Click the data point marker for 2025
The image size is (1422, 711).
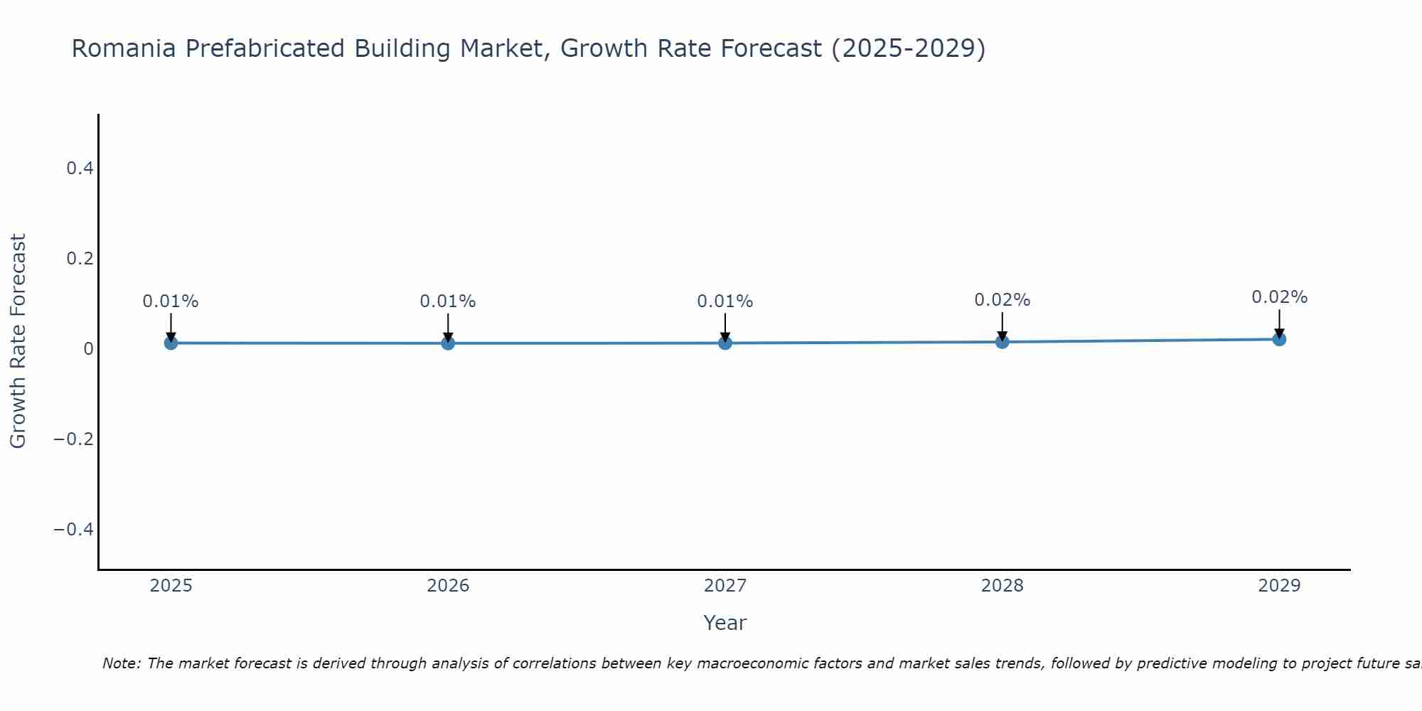click(171, 343)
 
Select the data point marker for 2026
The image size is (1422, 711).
click(448, 343)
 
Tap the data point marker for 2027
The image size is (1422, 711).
click(725, 343)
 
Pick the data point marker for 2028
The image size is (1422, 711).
click(1002, 342)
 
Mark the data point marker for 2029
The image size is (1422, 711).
click(1279, 339)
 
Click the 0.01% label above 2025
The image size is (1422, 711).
click(171, 301)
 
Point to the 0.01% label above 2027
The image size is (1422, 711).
click(725, 301)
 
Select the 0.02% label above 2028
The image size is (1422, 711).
click(1002, 300)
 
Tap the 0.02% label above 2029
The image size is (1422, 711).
click(1279, 297)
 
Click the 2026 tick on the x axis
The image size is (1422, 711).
click(448, 586)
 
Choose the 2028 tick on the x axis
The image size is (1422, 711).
click(1002, 586)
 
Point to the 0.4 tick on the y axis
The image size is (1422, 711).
click(80, 169)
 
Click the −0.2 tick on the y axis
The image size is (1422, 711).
click(73, 439)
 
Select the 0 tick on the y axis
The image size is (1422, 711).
click(88, 349)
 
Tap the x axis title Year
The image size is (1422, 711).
click(725, 623)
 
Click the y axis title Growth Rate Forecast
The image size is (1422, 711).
click(18, 341)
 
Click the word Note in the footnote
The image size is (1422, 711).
click(121, 663)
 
